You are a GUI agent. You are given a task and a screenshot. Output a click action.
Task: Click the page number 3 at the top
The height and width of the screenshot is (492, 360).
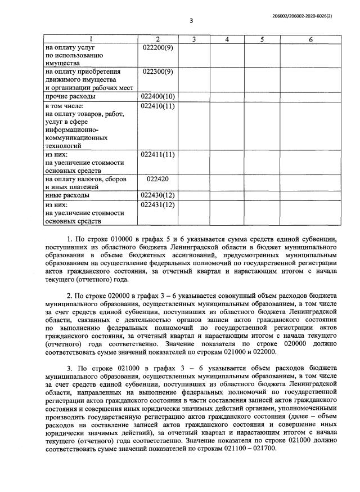pos(191,21)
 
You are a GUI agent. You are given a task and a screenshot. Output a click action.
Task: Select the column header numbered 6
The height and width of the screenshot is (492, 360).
pos(310,39)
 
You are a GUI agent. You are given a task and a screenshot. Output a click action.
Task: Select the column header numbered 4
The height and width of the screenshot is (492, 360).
pos(227,39)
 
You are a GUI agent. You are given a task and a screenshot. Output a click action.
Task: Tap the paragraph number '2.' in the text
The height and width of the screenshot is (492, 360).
pos(69,296)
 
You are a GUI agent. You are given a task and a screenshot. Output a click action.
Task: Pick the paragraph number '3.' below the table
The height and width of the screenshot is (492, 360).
pos(69,368)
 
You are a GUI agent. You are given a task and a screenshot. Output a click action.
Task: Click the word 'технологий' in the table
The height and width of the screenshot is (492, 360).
pos(64,145)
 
